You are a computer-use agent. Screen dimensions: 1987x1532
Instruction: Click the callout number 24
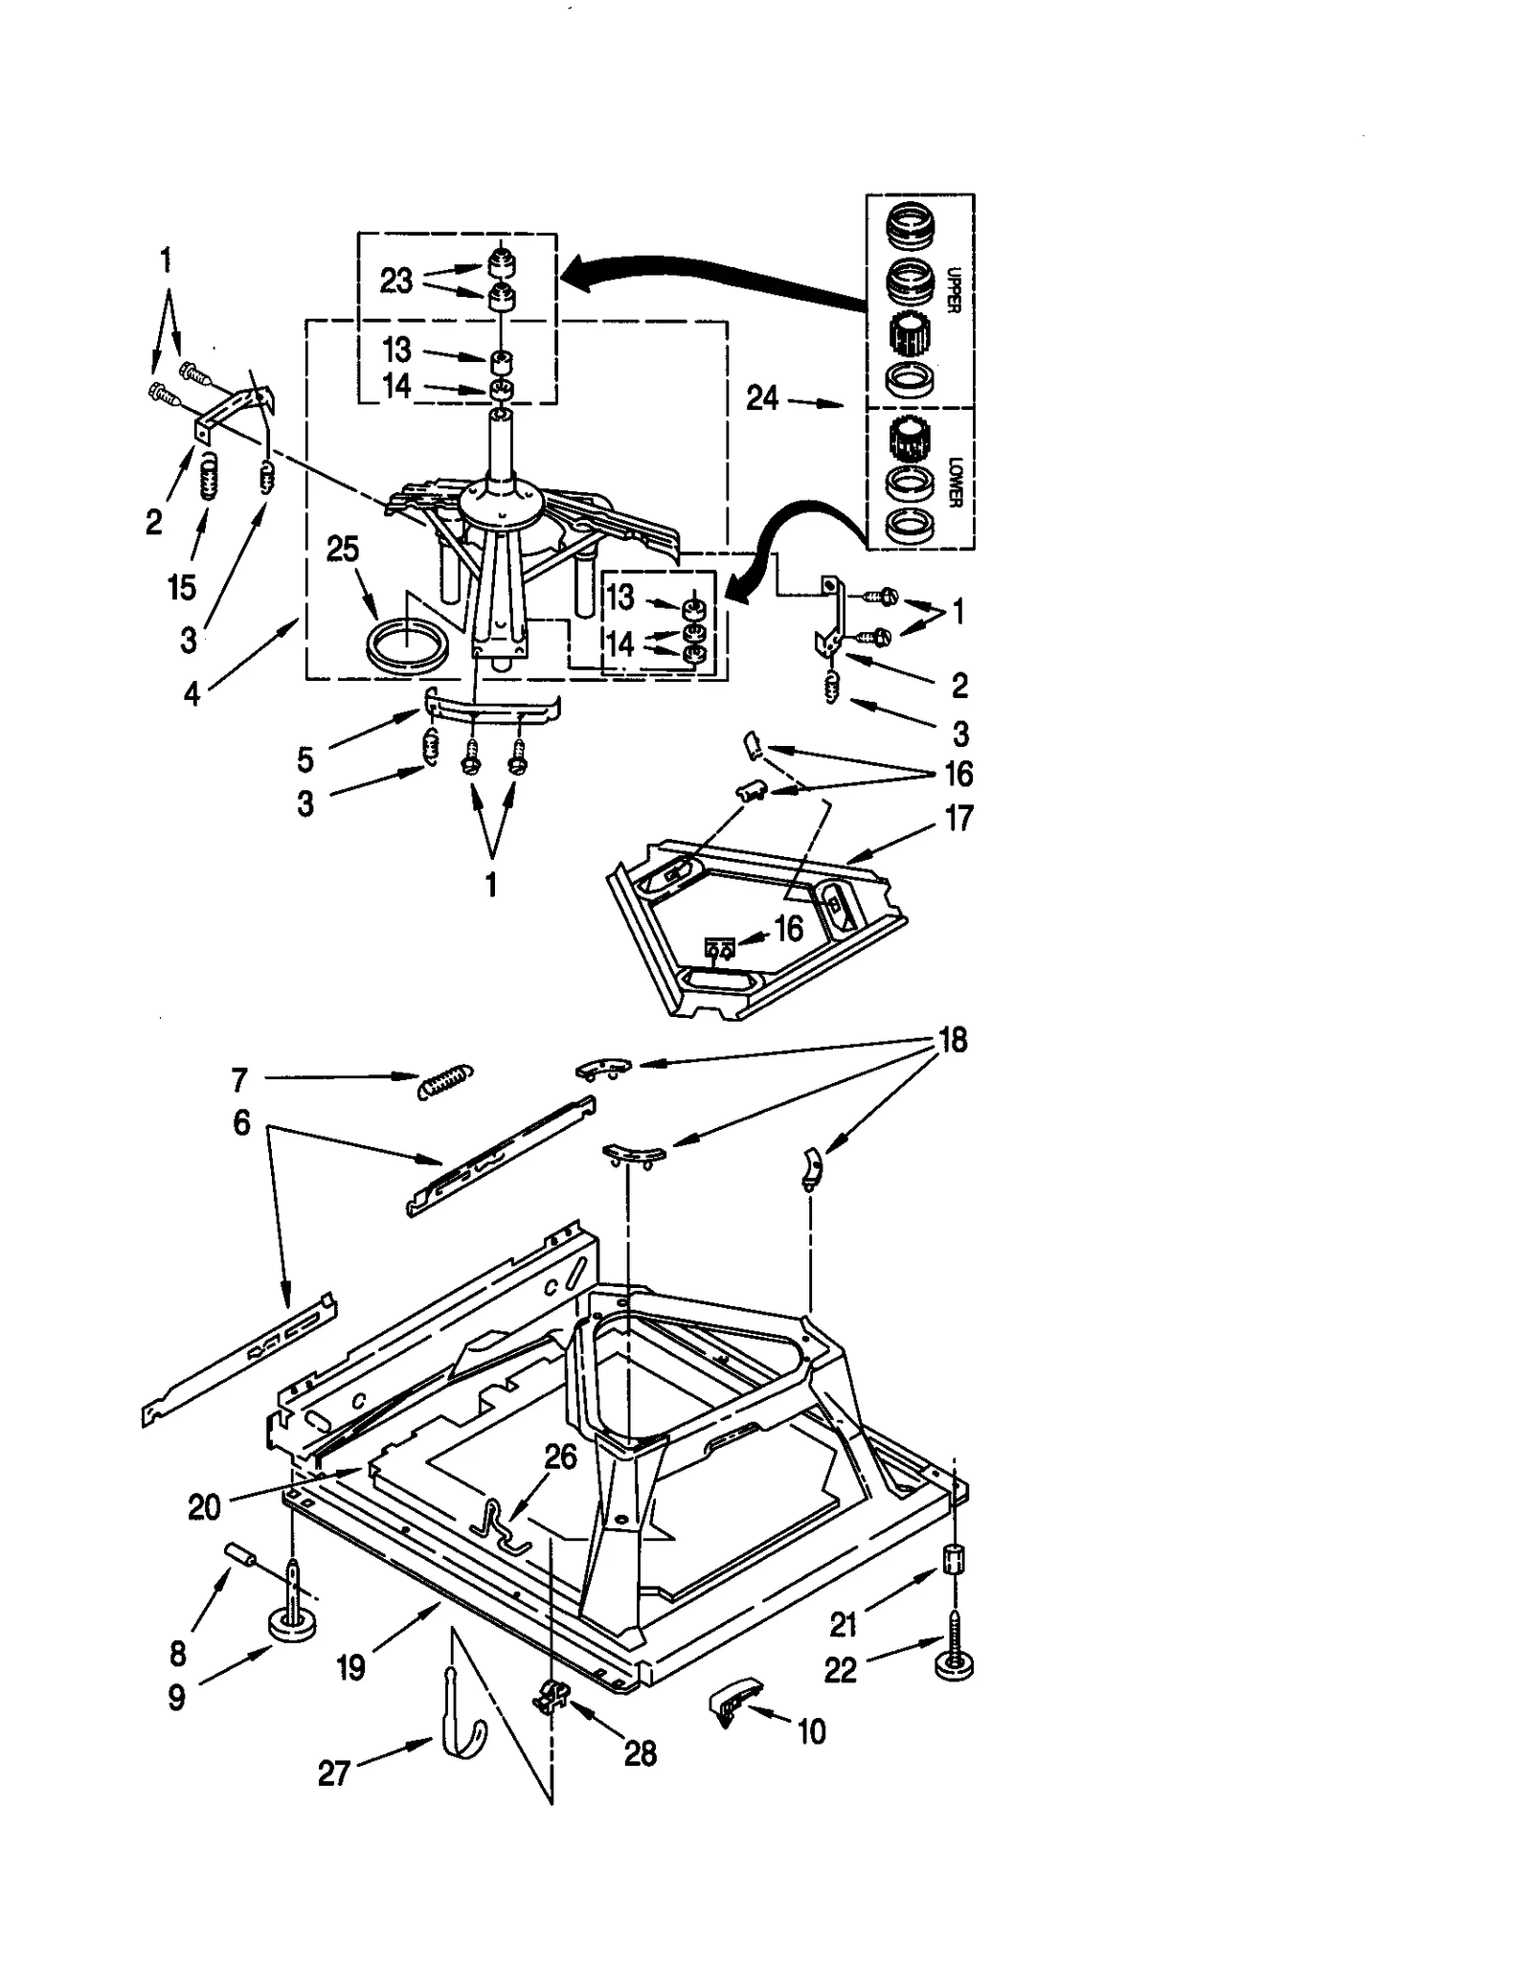762,398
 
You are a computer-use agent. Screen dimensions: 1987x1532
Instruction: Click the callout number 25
343,550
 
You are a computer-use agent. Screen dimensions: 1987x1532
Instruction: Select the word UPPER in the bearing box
952,289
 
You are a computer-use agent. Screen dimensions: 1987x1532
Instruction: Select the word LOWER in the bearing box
954,482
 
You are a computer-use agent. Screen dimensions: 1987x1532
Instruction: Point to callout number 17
958,819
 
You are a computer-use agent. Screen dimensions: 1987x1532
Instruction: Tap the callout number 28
641,1754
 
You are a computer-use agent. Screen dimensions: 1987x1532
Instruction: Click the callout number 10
811,1731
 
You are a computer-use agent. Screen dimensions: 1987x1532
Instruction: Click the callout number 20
205,1507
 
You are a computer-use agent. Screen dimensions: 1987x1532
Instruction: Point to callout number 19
351,1668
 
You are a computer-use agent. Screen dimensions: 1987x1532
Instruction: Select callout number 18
954,1040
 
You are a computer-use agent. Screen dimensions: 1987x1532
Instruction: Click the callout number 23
396,281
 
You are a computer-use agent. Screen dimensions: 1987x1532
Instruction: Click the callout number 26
561,1456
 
